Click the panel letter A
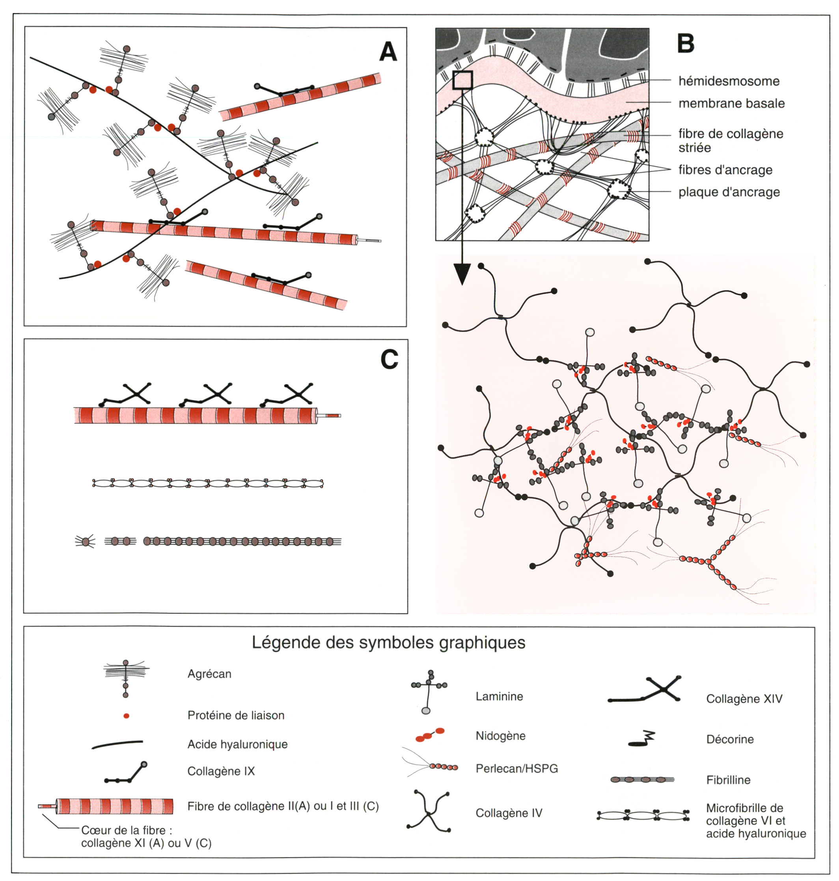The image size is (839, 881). [388, 52]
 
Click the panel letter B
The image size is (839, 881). [686, 43]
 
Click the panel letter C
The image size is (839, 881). [389, 359]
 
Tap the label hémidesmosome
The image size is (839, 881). [729, 81]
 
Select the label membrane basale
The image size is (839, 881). [731, 103]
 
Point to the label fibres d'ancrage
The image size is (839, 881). [725, 170]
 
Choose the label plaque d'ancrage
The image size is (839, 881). [729, 192]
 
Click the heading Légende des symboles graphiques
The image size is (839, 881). [388, 643]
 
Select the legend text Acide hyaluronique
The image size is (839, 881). [237, 744]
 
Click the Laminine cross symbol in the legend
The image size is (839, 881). [429, 691]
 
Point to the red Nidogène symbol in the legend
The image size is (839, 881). [430, 735]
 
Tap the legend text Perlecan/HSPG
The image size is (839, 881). [516, 769]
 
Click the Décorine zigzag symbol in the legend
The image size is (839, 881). [642, 739]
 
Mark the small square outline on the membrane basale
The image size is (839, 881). [462, 80]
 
